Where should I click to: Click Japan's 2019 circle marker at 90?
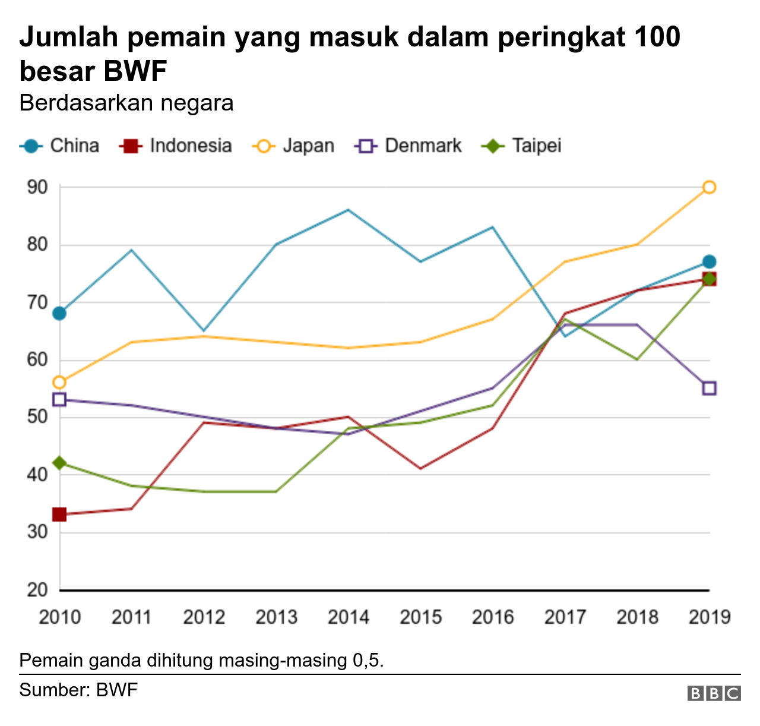pyautogui.click(x=709, y=187)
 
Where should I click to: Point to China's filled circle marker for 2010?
pyautogui.click(x=59, y=313)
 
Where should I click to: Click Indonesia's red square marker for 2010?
pyautogui.click(x=59, y=514)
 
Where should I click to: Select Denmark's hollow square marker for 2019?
pyautogui.click(x=709, y=389)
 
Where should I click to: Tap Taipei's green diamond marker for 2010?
pyautogui.click(x=59, y=463)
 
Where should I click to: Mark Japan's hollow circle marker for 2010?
pyautogui.click(x=59, y=382)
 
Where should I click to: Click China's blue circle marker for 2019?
pyautogui.click(x=709, y=262)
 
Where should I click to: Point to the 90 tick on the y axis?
pyautogui.click(x=37, y=187)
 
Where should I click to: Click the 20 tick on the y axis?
pyautogui.click(x=37, y=590)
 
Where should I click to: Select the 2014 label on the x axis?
pyautogui.click(x=349, y=617)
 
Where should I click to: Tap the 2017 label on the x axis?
pyautogui.click(x=565, y=617)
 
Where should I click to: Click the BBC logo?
pyautogui.click(x=714, y=693)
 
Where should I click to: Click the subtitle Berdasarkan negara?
pyautogui.click(x=126, y=103)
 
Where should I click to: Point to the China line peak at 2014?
pyautogui.click(x=349, y=210)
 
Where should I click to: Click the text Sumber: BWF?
pyautogui.click(x=78, y=690)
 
